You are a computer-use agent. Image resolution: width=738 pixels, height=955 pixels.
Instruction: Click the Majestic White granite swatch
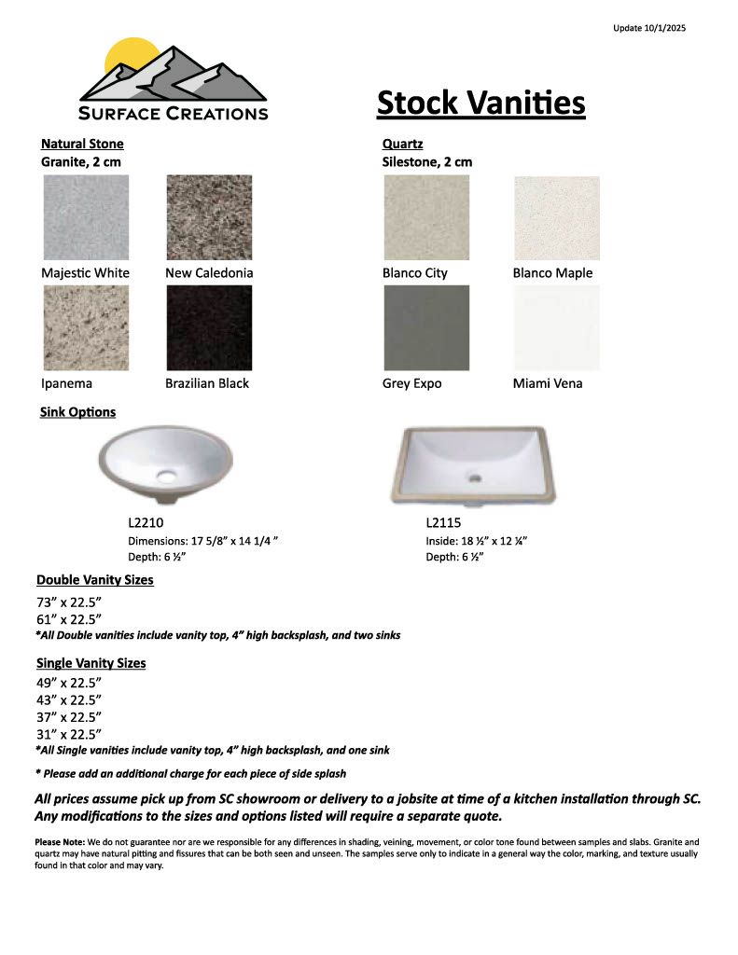pos(85,217)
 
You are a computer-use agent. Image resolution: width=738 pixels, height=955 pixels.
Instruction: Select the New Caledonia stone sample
pos(209,217)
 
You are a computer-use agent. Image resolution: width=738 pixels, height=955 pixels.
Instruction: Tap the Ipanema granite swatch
pos(85,327)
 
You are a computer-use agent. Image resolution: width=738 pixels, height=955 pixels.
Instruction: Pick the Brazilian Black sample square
pos(209,327)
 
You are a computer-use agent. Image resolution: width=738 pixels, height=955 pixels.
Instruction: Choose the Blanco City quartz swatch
pos(426,217)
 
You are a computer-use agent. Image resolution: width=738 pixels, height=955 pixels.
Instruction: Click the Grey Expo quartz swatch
pos(426,327)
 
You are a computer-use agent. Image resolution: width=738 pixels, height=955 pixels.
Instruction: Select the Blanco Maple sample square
pos(557,217)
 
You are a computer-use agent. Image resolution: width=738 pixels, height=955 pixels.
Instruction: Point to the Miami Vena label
pos(547,383)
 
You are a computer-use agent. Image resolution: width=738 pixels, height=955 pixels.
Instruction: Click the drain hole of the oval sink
pos(167,477)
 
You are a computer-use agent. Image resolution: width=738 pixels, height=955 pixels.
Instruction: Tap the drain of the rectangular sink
pos(475,478)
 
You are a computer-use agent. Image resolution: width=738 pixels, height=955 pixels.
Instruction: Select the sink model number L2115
pos(443,523)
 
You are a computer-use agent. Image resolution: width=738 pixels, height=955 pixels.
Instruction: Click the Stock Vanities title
pos(480,103)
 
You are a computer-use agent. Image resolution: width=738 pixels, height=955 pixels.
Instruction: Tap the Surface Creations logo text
pos(174,114)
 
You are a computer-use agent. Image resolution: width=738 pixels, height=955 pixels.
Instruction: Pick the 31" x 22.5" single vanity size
pos(69,734)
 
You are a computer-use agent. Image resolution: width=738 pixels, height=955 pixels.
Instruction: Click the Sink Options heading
pos(78,411)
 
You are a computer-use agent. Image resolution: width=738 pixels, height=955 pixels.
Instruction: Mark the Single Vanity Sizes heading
pos(91,663)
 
